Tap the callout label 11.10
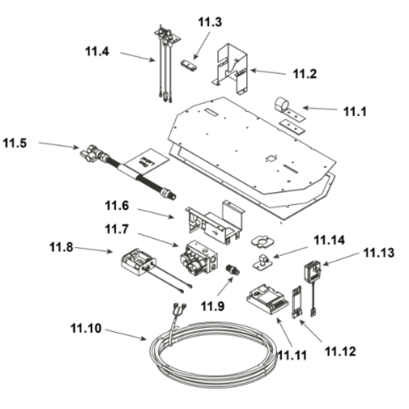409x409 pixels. coord(85,328)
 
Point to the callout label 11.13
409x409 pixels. coord(380,253)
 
